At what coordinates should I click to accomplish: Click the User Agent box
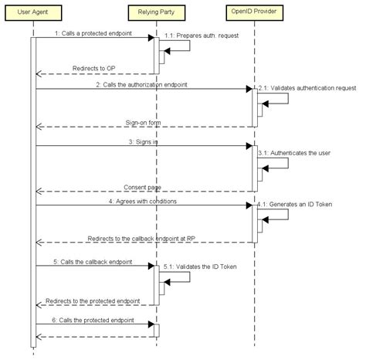point(33,12)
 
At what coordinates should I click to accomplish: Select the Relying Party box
point(157,12)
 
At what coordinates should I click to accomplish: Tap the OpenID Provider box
point(255,12)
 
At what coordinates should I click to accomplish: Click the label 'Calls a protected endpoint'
point(97,33)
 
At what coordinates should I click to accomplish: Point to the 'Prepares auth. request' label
point(208,36)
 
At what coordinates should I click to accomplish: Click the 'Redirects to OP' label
point(93,69)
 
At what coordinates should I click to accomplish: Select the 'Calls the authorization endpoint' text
point(145,85)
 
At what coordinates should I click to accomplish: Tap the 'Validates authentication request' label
point(313,88)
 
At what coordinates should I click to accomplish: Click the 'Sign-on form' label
point(143,123)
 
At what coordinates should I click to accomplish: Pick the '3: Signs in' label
point(144,142)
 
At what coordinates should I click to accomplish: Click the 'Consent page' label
point(142,187)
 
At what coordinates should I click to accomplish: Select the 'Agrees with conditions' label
point(146,202)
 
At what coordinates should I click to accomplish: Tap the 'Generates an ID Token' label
point(300,205)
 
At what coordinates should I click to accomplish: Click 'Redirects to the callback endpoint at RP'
point(141,239)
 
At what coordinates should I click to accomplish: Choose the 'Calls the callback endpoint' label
point(97,262)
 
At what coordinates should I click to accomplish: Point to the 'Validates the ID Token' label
point(206,267)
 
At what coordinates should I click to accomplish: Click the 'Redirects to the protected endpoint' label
point(93,301)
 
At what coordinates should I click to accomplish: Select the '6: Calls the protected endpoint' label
point(93,321)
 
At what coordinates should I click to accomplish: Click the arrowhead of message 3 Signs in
point(249,146)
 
